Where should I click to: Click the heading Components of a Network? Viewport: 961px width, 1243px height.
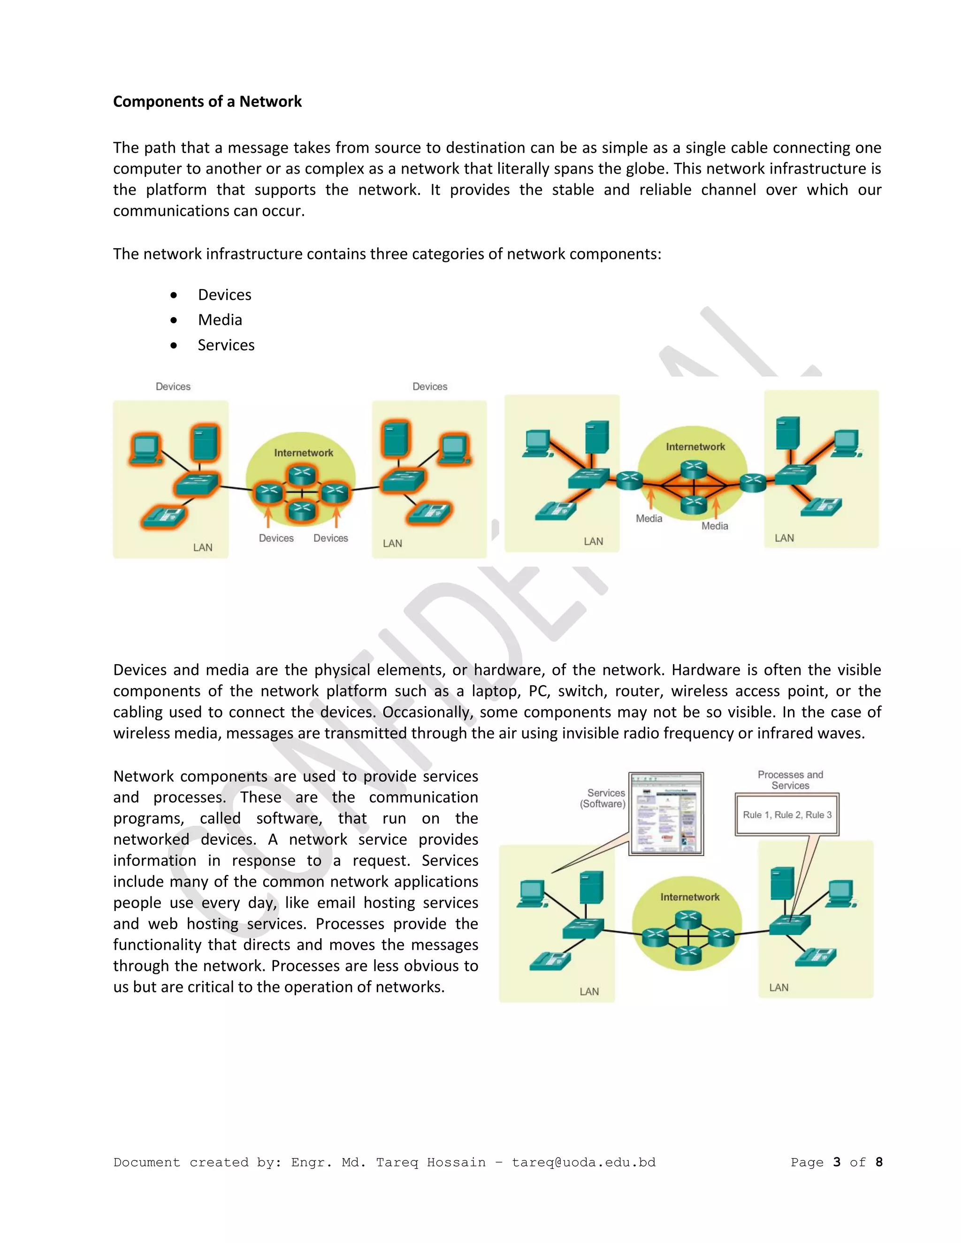pyautogui.click(x=207, y=101)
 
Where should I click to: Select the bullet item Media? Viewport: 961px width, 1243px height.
pyautogui.click(x=220, y=320)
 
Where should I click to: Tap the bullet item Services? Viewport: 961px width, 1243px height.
pyautogui.click(x=226, y=345)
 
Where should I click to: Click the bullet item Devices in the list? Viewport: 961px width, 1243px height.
pyautogui.click(x=224, y=295)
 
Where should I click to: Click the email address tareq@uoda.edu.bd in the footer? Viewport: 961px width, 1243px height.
pyautogui.click(x=584, y=1162)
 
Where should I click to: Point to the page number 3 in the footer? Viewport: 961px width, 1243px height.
pyautogui.click(x=836, y=1162)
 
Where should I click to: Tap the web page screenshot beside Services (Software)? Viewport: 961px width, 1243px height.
pyautogui.click(x=666, y=813)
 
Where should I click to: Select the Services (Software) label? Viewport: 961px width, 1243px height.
pyautogui.click(x=603, y=798)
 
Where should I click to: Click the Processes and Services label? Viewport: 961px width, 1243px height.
pyautogui.click(x=790, y=780)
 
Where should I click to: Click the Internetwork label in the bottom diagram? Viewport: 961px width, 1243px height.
pyautogui.click(x=689, y=897)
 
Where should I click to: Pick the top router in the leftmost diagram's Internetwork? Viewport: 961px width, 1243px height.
pyautogui.click(x=301, y=474)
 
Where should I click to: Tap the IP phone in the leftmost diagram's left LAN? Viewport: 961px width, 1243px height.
pyautogui.click(x=163, y=515)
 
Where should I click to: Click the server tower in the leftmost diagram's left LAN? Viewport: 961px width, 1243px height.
pyautogui.click(x=205, y=442)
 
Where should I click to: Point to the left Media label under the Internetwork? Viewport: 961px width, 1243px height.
pyautogui.click(x=649, y=518)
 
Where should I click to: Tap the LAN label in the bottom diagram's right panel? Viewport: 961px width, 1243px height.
pyautogui.click(x=779, y=987)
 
